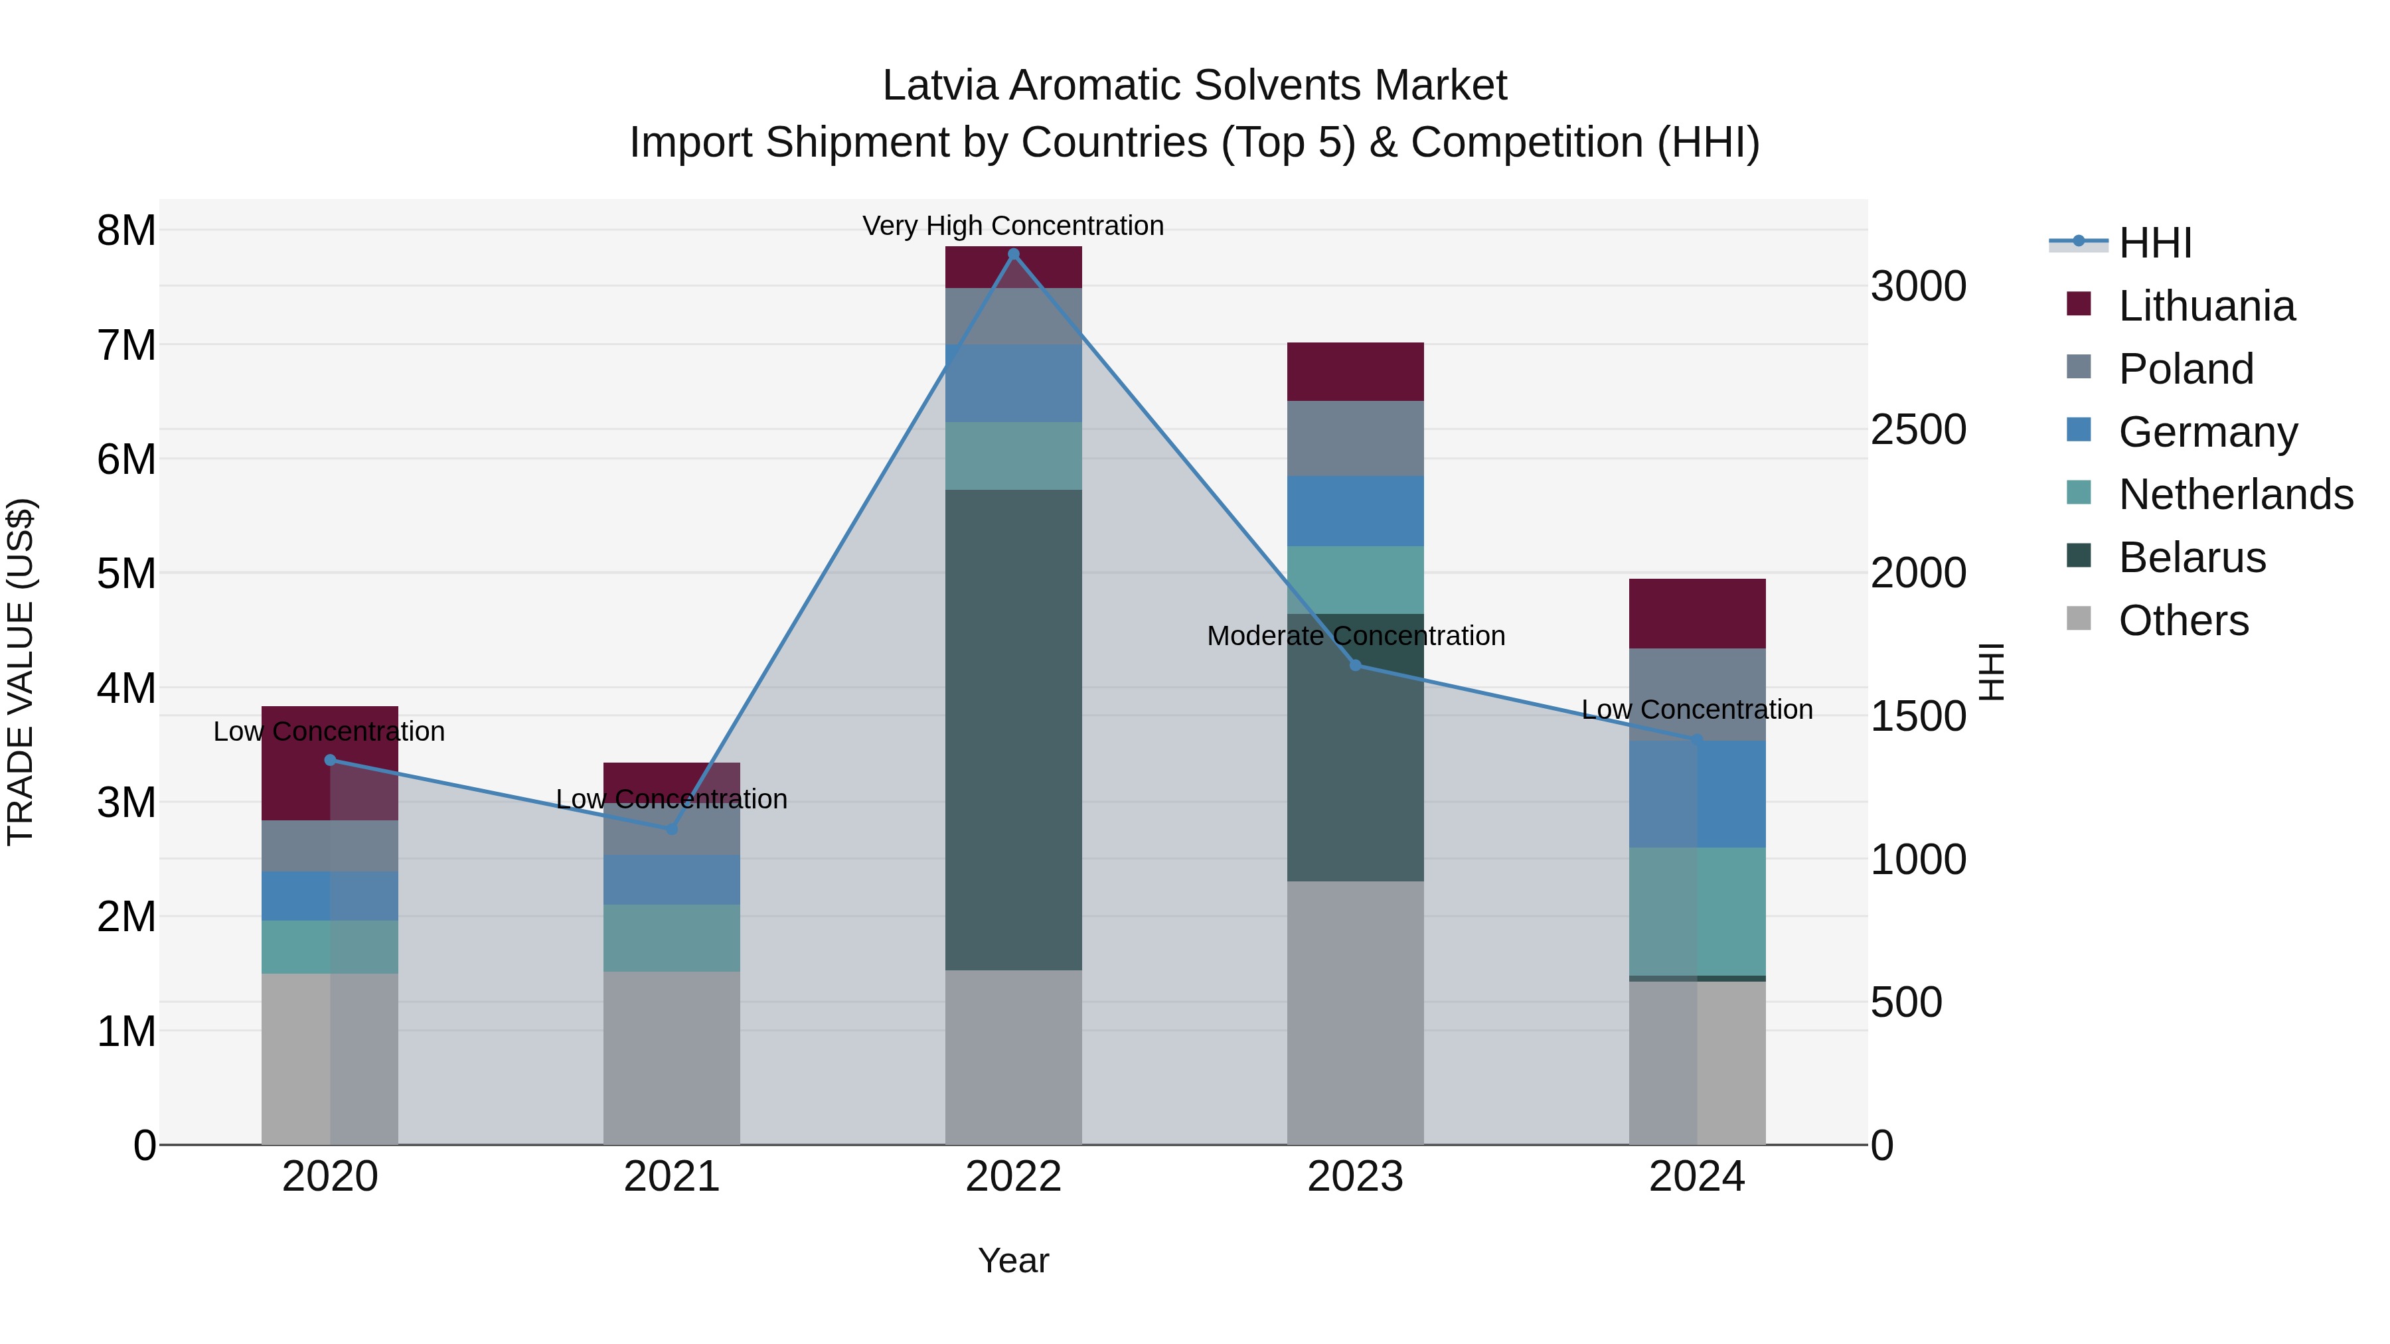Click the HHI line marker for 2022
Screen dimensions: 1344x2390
(1013, 254)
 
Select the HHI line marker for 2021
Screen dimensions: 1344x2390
(672, 828)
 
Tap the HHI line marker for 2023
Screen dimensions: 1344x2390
(1354, 665)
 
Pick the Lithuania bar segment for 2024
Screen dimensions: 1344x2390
(1697, 613)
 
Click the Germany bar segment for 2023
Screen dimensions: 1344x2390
(1354, 511)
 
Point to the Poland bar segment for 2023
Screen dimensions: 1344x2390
(1354, 438)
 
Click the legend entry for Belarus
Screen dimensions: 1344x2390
(2191, 558)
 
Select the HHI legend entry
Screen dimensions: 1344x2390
(2154, 243)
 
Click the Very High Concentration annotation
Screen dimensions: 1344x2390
(1013, 226)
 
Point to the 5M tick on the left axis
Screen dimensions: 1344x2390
(126, 573)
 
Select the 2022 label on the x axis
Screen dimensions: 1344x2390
(1013, 1177)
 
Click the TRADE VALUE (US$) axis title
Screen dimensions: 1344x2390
(21, 672)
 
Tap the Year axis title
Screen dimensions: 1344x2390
(1013, 1260)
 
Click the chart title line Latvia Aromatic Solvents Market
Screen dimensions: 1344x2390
(1194, 86)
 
